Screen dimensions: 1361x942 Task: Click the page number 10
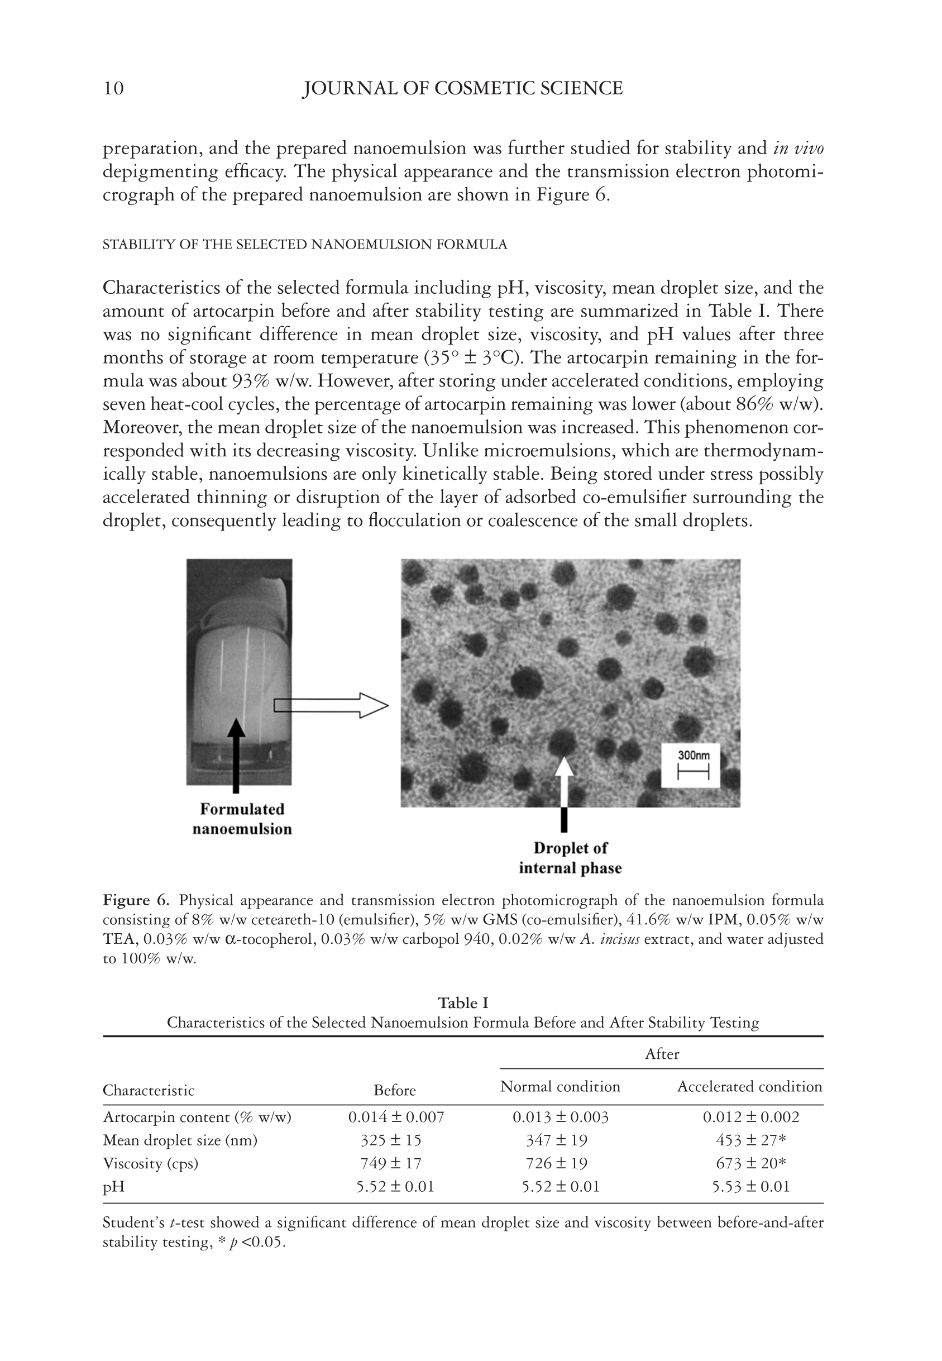113,89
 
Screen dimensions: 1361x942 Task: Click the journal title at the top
462,89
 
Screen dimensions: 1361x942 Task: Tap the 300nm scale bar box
690,766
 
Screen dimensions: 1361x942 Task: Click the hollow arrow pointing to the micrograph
331,705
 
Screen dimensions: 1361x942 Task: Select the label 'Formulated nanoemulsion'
242,819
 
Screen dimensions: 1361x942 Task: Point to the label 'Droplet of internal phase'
570,858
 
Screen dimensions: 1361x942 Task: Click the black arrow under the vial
236,756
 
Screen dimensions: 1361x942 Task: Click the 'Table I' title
463,1003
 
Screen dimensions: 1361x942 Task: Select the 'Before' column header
394,1090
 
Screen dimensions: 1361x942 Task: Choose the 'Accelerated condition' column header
749,1087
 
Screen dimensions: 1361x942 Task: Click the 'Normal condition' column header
560,1087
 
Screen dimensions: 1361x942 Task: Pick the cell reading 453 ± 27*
750,1140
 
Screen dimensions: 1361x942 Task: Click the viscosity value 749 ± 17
391,1163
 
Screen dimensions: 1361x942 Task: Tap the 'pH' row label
114,1187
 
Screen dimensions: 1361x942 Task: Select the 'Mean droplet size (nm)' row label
180,1140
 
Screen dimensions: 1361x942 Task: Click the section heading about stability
304,245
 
